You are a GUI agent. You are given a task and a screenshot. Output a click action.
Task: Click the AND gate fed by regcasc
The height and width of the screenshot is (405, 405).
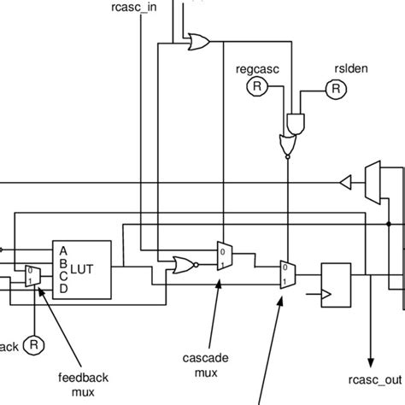[x=296, y=125]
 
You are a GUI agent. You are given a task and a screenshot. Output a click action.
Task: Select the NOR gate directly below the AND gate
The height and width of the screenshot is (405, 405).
[x=288, y=146]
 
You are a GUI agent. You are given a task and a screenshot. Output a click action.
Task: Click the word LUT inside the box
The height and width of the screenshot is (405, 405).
[x=83, y=269]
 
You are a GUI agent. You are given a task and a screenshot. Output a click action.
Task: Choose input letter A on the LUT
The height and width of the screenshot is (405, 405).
[x=62, y=249]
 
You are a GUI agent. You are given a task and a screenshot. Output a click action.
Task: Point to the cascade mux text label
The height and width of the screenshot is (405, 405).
[x=205, y=365]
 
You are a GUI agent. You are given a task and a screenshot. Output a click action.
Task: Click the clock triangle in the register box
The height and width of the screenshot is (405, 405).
[x=326, y=294]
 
